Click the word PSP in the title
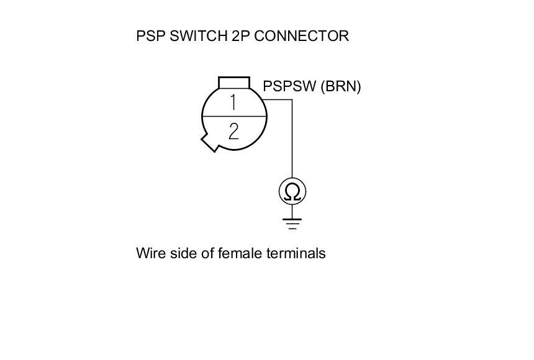149,36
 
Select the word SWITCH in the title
194,36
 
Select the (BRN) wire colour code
340,86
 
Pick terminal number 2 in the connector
233,131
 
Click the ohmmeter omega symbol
292,192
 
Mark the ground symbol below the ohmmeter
292,223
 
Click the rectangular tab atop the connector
234,83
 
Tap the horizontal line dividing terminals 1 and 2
234,117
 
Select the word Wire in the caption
148,253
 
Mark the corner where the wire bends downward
292,99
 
